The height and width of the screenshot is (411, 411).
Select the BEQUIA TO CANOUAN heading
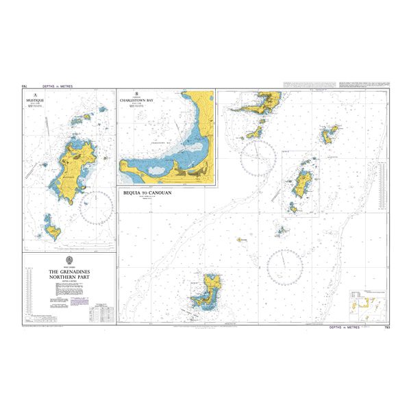(x=147, y=193)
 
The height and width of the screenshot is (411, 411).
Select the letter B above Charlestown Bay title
(x=137, y=94)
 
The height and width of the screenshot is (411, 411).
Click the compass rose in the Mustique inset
(x=97, y=206)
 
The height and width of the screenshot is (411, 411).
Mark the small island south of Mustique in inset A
(x=51, y=227)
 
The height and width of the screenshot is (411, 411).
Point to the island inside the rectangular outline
(x=301, y=182)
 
